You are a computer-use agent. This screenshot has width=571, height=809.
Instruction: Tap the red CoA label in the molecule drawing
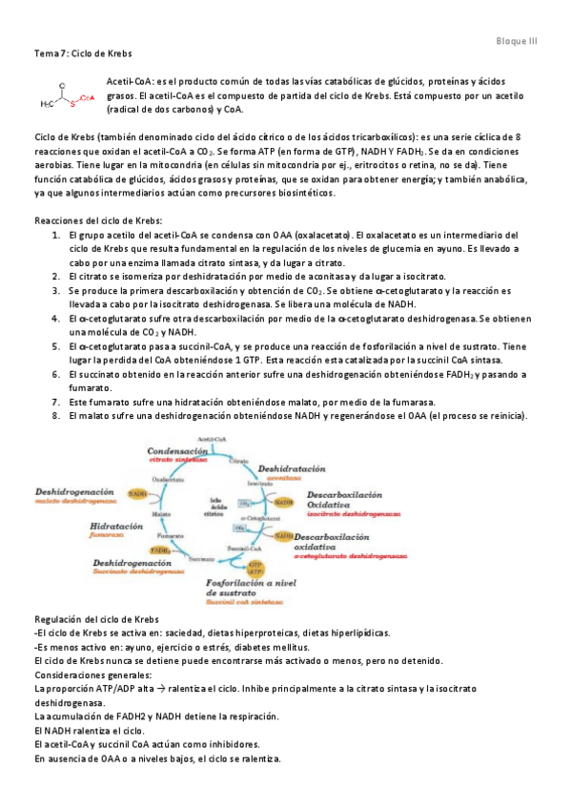pyautogui.click(x=86, y=97)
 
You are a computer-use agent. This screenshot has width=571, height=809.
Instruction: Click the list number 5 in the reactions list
pyautogui.click(x=57, y=349)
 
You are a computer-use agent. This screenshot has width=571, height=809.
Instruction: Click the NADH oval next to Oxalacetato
pyautogui.click(x=138, y=494)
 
